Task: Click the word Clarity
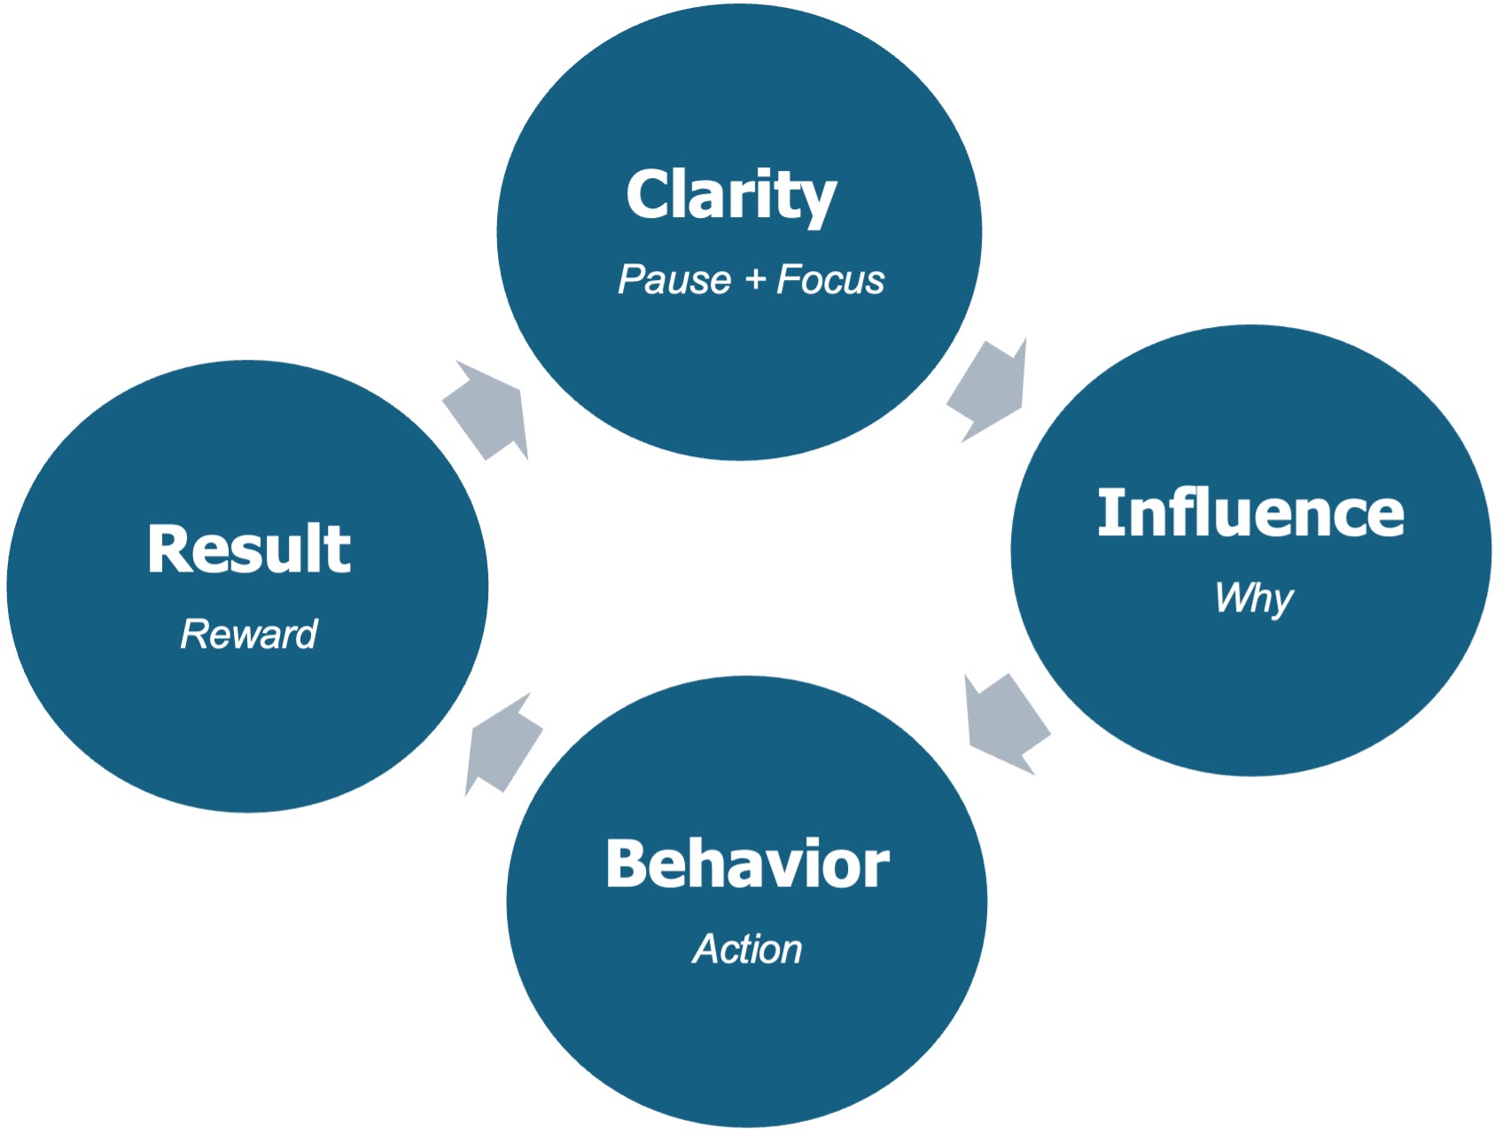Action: (731, 195)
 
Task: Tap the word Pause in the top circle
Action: (674, 280)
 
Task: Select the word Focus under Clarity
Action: (830, 280)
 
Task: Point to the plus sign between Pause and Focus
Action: (755, 280)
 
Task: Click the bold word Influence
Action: (1250, 513)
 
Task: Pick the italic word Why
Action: (1254, 598)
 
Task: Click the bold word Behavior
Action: (747, 864)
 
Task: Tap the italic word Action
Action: (747, 949)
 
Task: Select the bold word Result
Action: (249, 549)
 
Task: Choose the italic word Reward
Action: (249, 635)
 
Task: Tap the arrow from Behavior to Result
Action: (502, 744)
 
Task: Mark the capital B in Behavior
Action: (629, 864)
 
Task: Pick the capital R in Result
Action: (171, 549)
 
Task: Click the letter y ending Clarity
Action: (817, 202)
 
